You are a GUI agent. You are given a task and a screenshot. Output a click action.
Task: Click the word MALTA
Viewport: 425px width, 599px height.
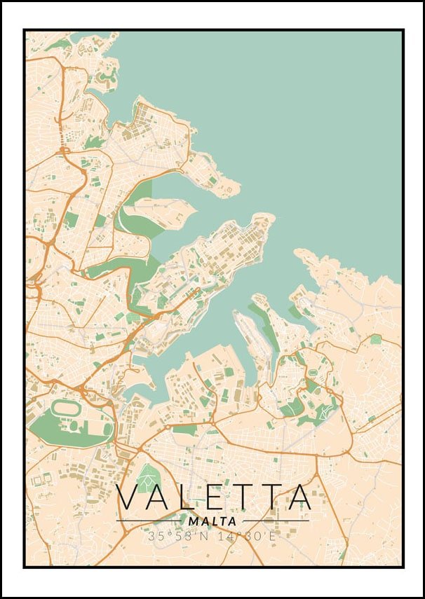[212, 521]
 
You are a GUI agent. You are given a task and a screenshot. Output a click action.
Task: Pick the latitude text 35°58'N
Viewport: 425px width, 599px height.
[180, 536]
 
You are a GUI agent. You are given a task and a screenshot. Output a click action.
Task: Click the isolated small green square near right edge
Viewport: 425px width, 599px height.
[377, 339]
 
